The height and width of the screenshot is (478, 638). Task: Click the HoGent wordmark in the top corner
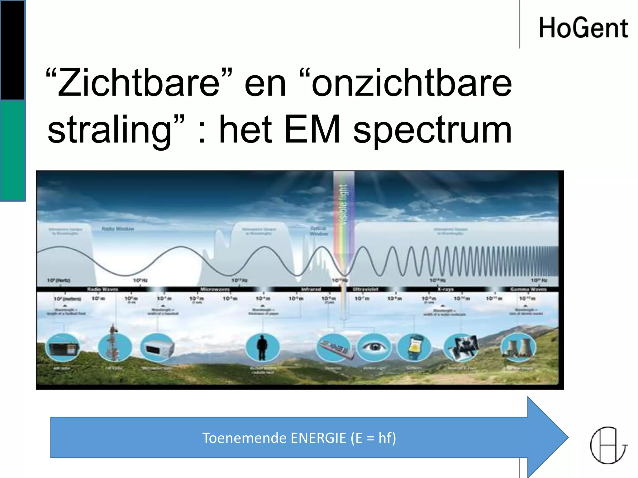pos(583,28)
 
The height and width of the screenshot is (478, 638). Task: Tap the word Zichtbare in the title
pos(139,83)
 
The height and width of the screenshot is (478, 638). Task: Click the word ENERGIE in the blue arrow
pos(318,438)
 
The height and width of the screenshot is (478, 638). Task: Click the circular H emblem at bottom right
pos(608,445)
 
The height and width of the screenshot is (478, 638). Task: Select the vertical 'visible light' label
pos(343,204)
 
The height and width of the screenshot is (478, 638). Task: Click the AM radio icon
pos(63,347)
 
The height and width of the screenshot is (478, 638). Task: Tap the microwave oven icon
pos(157,347)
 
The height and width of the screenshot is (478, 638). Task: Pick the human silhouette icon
pos(262,347)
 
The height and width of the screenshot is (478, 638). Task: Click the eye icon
pos(373,347)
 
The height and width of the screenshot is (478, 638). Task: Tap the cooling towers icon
pos(518,347)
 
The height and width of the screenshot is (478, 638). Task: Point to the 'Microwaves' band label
pos(215,289)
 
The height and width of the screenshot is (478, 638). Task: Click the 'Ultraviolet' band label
pos(365,289)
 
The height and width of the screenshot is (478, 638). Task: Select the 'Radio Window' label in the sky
pos(118,229)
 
